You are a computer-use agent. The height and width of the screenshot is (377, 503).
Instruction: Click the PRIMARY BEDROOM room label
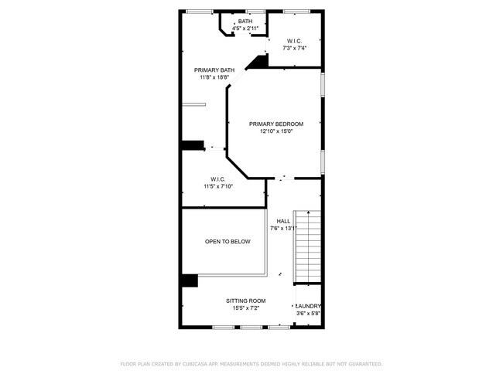click(x=275, y=124)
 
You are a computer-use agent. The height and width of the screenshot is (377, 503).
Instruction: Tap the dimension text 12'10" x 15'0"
click(x=275, y=131)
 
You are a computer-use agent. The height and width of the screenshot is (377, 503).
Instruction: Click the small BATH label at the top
click(x=245, y=21)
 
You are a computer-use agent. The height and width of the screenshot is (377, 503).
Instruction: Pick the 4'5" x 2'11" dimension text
click(x=245, y=28)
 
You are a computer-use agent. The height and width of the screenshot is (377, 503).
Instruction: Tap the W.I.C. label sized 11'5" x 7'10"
click(x=217, y=179)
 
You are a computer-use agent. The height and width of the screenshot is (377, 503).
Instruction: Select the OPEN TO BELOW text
click(x=228, y=242)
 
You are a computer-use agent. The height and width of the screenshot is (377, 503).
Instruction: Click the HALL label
click(x=283, y=221)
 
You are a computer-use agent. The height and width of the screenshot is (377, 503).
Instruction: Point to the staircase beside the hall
click(x=307, y=246)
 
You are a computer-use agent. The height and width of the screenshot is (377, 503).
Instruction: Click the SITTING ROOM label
click(x=245, y=301)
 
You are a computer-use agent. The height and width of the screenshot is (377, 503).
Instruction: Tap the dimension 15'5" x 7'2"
click(x=245, y=308)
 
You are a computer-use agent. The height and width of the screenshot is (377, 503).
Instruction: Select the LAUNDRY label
click(x=309, y=306)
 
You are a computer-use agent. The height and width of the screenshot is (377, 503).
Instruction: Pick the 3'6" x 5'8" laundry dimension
click(x=308, y=314)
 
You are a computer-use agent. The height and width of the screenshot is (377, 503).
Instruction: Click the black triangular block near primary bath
click(x=259, y=61)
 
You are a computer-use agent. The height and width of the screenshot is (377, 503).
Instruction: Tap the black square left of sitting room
click(x=189, y=280)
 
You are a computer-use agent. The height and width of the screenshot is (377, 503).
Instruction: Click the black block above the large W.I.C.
click(x=191, y=144)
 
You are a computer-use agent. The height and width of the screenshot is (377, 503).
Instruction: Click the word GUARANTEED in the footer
click(x=364, y=364)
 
